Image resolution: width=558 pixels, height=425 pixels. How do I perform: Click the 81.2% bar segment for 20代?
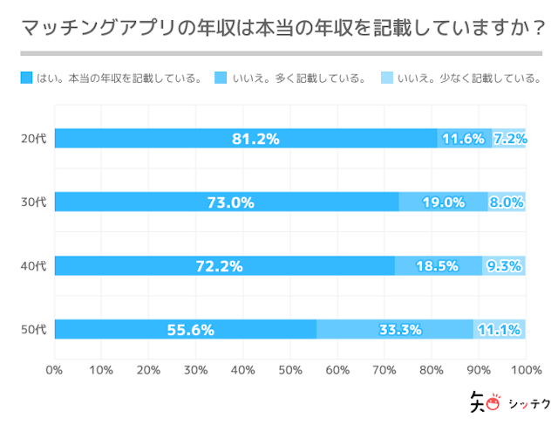point(246,138)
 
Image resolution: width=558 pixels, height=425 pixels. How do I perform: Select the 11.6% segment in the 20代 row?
point(463,138)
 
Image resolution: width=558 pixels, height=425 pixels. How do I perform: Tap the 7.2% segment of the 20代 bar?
point(509,138)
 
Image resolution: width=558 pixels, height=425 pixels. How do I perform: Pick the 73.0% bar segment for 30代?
point(227,202)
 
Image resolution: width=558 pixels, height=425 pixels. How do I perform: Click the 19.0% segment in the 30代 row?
point(443,202)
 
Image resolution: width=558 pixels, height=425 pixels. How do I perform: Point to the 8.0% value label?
point(507,202)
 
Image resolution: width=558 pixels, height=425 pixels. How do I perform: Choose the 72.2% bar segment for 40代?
point(225,265)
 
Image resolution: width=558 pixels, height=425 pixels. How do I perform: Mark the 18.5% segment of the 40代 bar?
point(438,265)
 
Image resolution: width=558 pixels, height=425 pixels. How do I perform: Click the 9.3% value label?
point(504,265)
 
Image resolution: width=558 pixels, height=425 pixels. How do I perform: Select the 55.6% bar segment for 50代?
point(186,329)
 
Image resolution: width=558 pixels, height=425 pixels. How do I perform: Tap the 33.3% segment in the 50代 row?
point(395,329)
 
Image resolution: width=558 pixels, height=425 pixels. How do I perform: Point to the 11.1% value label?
point(500,329)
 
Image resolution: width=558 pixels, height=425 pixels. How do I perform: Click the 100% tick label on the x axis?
point(525,369)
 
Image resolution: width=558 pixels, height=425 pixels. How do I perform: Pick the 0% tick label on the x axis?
point(54,369)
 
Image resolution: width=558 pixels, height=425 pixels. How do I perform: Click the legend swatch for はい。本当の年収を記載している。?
point(26,79)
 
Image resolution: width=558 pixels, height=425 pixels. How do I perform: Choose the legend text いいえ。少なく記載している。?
point(468,79)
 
